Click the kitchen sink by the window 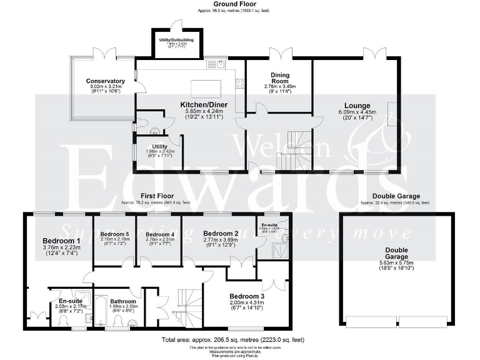[x=219, y=63]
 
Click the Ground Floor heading [x=240, y=4]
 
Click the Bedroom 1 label [x=61, y=241]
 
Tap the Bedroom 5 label [x=114, y=234]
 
